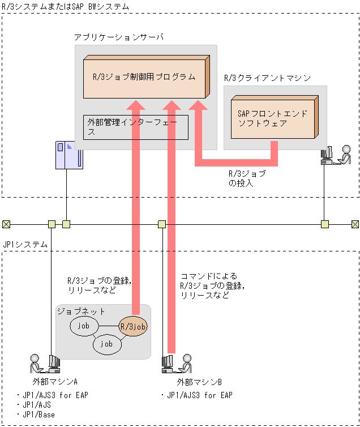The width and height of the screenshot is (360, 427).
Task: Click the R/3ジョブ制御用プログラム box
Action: (144, 76)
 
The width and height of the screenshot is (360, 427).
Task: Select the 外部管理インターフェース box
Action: (135, 126)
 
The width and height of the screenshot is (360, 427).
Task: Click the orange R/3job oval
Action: (133, 327)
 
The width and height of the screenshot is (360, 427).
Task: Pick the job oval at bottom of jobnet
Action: (106, 344)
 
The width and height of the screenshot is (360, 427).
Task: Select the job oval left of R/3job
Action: (84, 326)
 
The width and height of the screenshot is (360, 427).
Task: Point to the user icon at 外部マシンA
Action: (44, 363)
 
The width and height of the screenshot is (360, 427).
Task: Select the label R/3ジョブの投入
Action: (246, 178)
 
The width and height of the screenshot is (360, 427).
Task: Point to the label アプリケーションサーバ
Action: (118, 37)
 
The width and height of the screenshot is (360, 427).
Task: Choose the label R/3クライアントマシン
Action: (267, 78)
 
